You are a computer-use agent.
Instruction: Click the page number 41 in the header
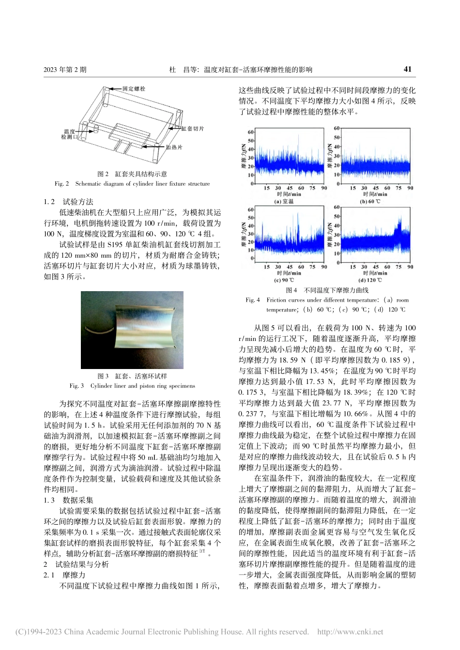tap(407, 69)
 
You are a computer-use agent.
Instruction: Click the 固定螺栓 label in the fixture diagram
tap(134, 89)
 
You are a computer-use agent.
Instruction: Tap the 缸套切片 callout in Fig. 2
tap(193, 129)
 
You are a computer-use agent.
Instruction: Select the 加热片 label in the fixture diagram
tap(174, 147)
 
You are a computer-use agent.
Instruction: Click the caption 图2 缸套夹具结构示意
tap(132, 174)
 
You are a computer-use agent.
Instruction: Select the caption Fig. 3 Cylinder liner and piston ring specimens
tap(132, 385)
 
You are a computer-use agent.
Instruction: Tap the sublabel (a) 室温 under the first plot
tap(284, 202)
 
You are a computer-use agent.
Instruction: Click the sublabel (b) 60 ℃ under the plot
tap(370, 202)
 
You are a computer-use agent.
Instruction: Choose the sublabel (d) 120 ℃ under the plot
tap(371, 280)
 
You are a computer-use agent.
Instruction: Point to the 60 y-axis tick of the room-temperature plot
tap(250, 132)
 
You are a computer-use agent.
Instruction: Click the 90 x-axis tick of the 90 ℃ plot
tap(324, 266)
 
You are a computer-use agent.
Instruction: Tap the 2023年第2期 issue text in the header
tap(65, 70)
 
